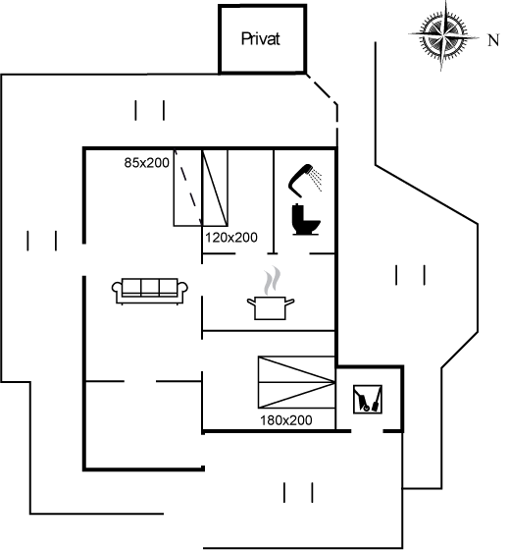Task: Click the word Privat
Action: click(x=260, y=38)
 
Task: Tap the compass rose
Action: click(x=442, y=35)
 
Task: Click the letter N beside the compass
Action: click(x=493, y=40)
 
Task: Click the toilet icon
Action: click(x=305, y=220)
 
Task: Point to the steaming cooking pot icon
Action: click(x=271, y=294)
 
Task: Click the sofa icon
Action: click(x=150, y=291)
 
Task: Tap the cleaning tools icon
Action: click(x=368, y=399)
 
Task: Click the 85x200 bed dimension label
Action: click(x=147, y=163)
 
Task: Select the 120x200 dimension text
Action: click(x=231, y=238)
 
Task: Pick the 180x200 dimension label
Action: click(x=285, y=420)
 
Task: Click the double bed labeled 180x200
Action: click(x=297, y=382)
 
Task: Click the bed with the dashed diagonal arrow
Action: click(x=187, y=188)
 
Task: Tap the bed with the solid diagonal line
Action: click(x=215, y=188)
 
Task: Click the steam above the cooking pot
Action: click(x=273, y=280)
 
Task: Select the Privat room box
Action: click(x=263, y=39)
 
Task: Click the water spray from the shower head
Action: click(x=317, y=179)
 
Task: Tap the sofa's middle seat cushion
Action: click(x=150, y=288)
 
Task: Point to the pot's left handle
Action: click(x=251, y=302)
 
